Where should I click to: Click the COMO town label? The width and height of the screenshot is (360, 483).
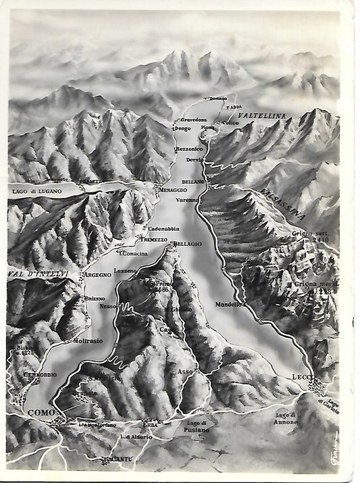pos(41,411)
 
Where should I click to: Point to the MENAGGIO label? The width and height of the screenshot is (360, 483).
pos(174,190)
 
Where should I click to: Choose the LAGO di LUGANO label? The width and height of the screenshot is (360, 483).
pos(36,191)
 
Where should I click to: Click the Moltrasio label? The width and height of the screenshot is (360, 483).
pos(88,340)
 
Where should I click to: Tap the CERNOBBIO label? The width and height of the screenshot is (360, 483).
pos(40,374)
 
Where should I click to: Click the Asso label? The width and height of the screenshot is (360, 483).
pos(185,372)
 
